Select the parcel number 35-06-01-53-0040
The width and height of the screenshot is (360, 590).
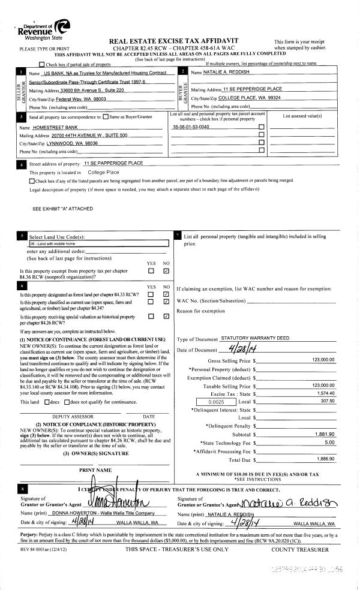click(191, 127)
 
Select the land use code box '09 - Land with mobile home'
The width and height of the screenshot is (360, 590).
click(97, 243)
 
